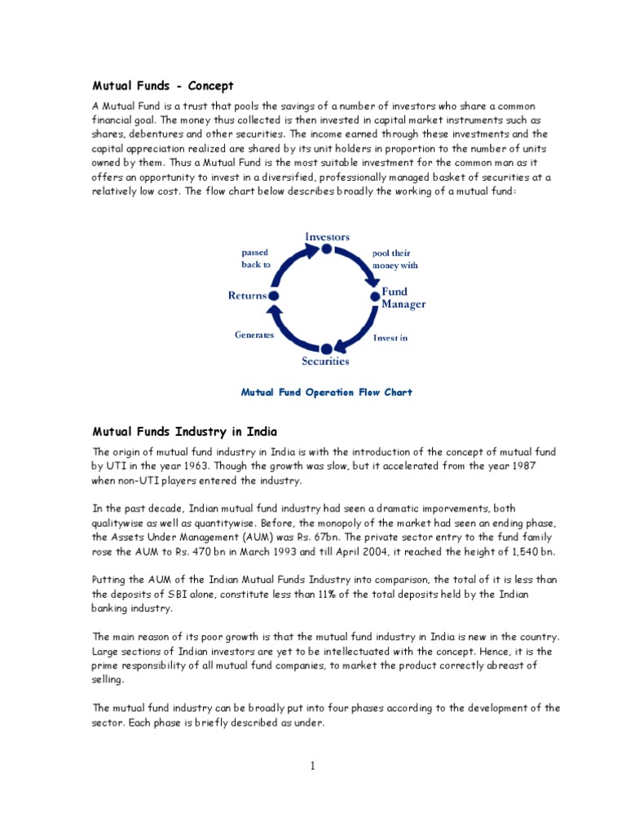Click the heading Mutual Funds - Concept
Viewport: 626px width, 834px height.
click(x=163, y=86)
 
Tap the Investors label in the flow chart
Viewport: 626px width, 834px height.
click(x=327, y=236)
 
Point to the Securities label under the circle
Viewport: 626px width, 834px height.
click(x=326, y=361)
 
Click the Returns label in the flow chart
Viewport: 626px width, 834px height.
click(x=247, y=296)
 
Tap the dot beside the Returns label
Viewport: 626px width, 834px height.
click(x=274, y=296)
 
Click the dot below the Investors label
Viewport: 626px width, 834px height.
click(x=327, y=249)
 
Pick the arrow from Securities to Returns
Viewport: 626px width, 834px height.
click(x=287, y=330)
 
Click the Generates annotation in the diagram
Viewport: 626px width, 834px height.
click(x=254, y=335)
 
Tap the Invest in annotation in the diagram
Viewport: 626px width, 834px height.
click(x=390, y=337)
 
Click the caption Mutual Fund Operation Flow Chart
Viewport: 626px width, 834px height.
click(x=326, y=393)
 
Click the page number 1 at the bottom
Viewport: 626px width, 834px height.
click(x=312, y=766)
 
